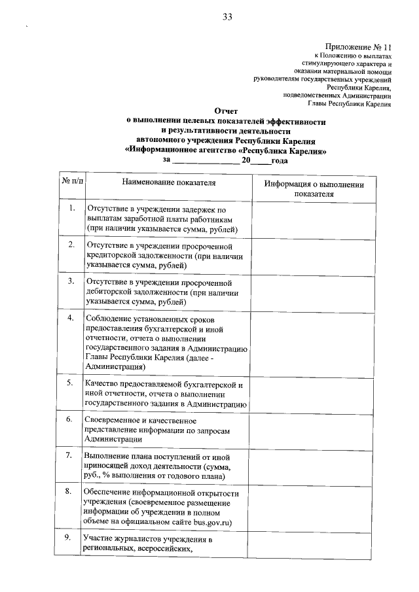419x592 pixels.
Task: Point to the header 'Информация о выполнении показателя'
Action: click(314, 188)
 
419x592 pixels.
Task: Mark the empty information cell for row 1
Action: click(314, 218)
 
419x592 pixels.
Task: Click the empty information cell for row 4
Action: click(314, 343)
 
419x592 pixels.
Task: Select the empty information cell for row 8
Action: click(314, 507)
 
